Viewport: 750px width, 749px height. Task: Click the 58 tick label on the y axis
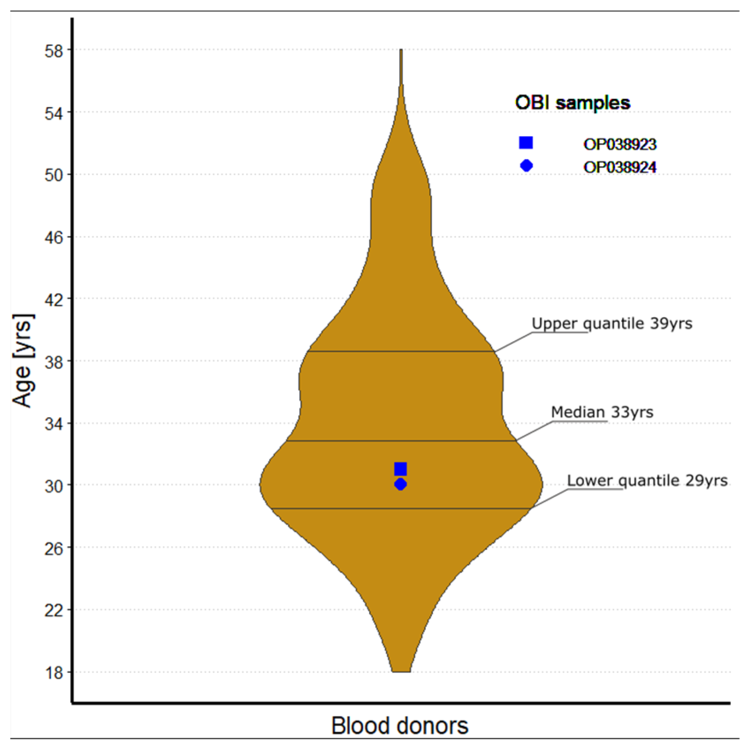pyautogui.click(x=53, y=51)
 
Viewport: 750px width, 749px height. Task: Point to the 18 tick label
pyautogui.click(x=53, y=673)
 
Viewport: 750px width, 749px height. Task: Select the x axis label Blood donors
pyautogui.click(x=400, y=726)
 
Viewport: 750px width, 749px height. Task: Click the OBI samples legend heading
pyautogui.click(x=572, y=103)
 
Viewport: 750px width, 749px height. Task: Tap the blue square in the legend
pyautogui.click(x=526, y=143)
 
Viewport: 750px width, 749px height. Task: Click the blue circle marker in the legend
pyautogui.click(x=526, y=166)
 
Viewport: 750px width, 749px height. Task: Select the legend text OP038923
pyautogui.click(x=620, y=144)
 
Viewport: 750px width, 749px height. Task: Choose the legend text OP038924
pyautogui.click(x=620, y=167)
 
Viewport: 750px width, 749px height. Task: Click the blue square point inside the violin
pyautogui.click(x=400, y=469)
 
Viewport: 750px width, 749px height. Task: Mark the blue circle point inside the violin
pyautogui.click(x=400, y=484)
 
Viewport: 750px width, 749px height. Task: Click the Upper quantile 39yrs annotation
pyautogui.click(x=612, y=323)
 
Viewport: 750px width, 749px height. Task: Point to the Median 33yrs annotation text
pyautogui.click(x=602, y=412)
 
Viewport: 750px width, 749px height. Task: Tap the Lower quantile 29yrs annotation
pyautogui.click(x=647, y=480)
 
